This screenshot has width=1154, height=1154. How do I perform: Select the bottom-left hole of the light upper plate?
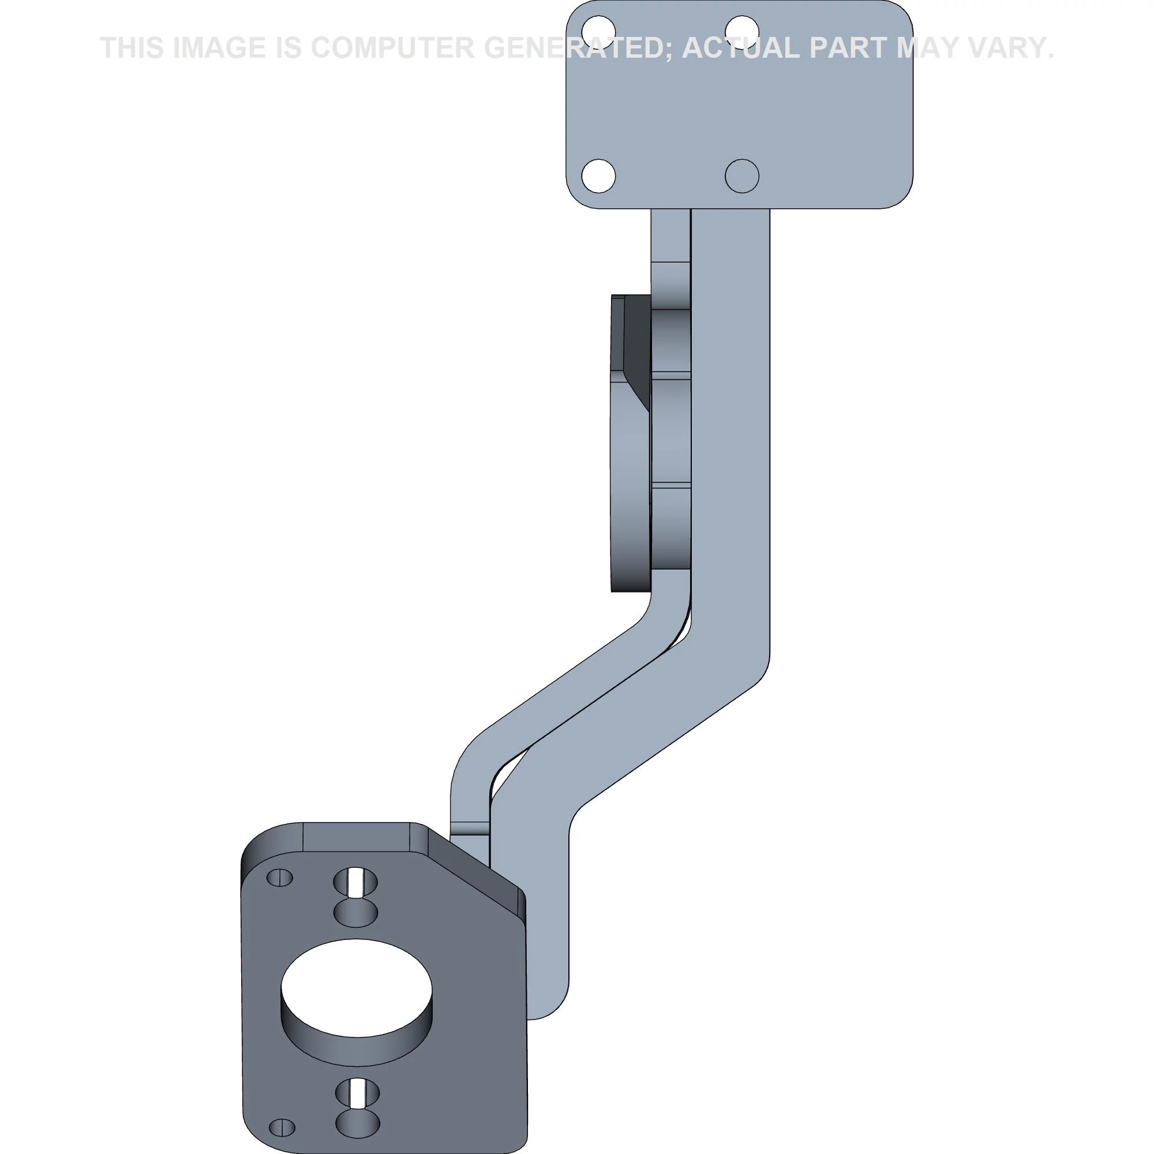[598, 175]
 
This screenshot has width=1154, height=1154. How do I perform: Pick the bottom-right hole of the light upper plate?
[742, 175]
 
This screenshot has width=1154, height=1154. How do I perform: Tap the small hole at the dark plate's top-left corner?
[279, 878]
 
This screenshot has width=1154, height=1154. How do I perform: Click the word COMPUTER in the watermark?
[392, 48]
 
